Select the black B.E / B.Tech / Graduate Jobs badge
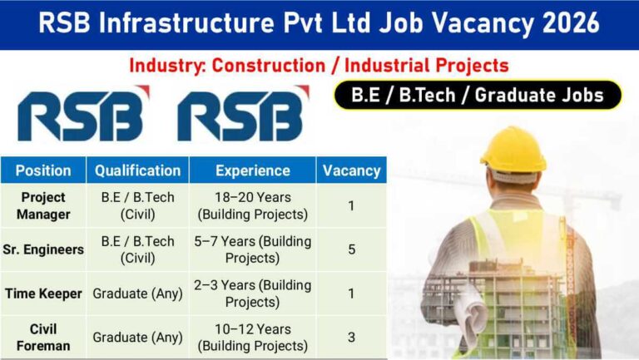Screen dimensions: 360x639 click(x=478, y=96)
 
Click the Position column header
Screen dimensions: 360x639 click(x=43, y=170)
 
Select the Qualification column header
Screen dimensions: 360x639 click(x=137, y=170)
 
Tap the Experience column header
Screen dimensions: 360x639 click(x=252, y=170)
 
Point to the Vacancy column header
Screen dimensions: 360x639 click(x=351, y=170)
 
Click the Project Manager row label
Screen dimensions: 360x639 click(x=43, y=206)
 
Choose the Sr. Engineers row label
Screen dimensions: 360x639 click(x=43, y=249)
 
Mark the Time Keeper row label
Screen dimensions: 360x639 click(x=43, y=293)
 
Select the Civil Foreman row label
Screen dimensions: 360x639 click(x=43, y=337)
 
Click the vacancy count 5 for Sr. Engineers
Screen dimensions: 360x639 click(x=351, y=249)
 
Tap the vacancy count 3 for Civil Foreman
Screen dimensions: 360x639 click(x=351, y=337)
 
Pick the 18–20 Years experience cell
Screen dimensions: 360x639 click(x=252, y=206)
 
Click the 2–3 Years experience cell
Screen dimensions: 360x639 click(x=252, y=293)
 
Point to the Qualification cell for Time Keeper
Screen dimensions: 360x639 click(x=137, y=293)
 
